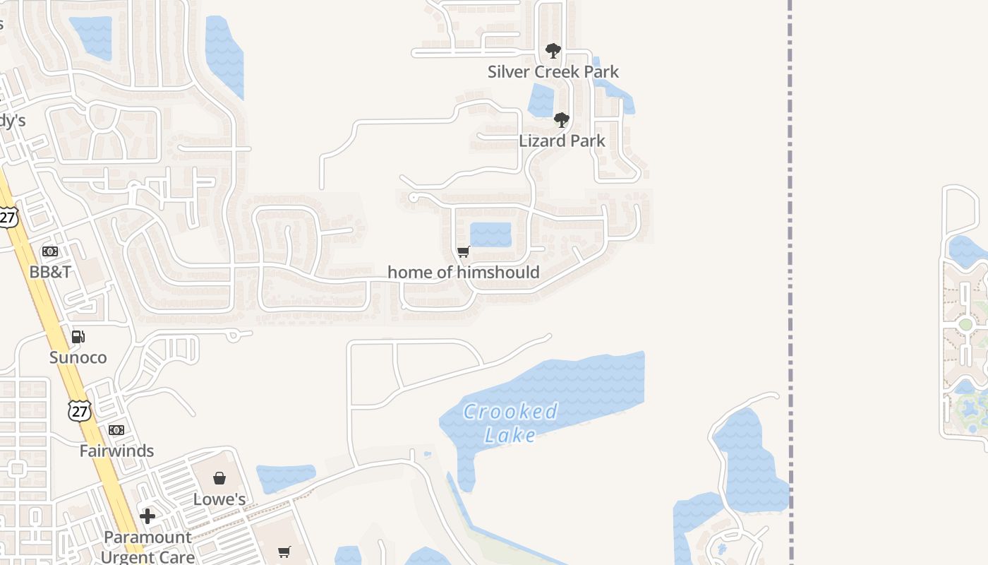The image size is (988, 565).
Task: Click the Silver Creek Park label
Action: (553, 71)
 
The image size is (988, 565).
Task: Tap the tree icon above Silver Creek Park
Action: (553, 51)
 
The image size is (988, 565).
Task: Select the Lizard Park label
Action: (562, 141)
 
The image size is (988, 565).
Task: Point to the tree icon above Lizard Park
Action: (562, 120)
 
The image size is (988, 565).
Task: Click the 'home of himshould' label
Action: (463, 272)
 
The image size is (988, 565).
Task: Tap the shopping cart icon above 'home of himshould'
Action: (464, 251)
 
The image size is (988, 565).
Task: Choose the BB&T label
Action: (50, 271)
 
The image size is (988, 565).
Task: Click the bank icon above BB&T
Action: (50, 251)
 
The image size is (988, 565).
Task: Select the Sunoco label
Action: (78, 357)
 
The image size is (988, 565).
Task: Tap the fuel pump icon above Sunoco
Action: (78, 337)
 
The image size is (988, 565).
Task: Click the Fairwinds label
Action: (116, 451)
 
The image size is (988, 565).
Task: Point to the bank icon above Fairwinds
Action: (116, 430)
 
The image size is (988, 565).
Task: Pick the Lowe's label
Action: (219, 499)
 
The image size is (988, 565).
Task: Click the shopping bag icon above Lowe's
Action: (219, 479)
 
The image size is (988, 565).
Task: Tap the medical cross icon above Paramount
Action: (147, 516)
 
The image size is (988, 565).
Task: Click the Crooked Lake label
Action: (510, 422)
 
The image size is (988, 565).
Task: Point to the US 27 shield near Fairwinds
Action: (80, 410)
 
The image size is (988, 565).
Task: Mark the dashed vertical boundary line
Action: (790, 282)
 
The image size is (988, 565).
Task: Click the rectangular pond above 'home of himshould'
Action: (490, 234)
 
